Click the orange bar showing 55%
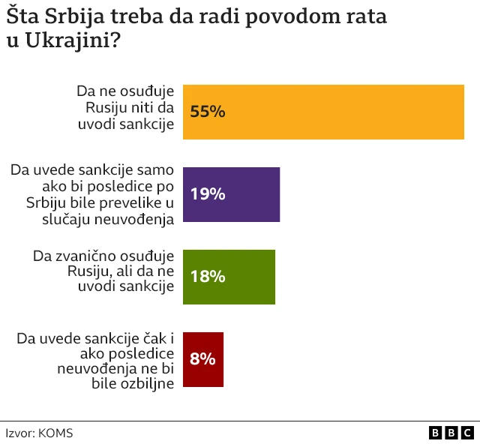point(324,112)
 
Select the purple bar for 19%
point(232,194)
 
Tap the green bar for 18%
point(229,277)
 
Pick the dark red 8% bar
point(203,359)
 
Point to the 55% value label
point(208,112)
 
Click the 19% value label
point(208,194)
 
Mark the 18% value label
point(208,277)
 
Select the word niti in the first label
point(141,107)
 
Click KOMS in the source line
point(55,433)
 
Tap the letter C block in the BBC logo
point(467,433)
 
